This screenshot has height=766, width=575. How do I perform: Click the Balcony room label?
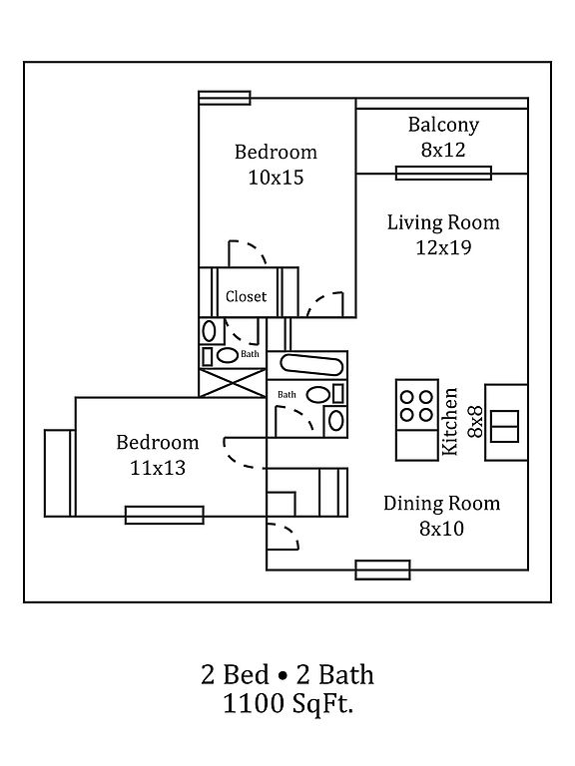click(443, 125)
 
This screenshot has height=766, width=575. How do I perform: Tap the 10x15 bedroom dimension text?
click(277, 178)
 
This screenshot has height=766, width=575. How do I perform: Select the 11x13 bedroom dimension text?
click(158, 468)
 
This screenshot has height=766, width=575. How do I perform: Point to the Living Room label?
click(443, 222)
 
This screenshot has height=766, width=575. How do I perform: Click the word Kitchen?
click(449, 422)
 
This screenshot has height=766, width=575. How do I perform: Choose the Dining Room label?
click(441, 503)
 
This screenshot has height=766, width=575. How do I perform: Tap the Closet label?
click(246, 296)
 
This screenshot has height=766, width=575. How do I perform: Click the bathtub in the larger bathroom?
click(311, 365)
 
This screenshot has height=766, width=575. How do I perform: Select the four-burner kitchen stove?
click(417, 406)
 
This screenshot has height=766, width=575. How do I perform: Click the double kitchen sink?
click(504, 427)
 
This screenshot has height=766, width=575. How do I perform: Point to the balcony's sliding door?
click(443, 174)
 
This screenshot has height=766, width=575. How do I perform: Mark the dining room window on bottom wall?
click(382, 571)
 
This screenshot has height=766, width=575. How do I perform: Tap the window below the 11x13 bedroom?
click(165, 516)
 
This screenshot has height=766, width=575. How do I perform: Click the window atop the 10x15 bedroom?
click(225, 98)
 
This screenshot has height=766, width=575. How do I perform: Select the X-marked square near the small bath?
click(233, 383)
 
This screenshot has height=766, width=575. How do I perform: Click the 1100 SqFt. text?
click(287, 704)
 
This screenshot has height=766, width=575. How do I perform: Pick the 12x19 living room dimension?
click(443, 247)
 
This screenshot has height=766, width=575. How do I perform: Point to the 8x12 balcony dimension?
click(443, 150)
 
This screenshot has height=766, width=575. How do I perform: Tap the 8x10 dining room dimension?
click(441, 529)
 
